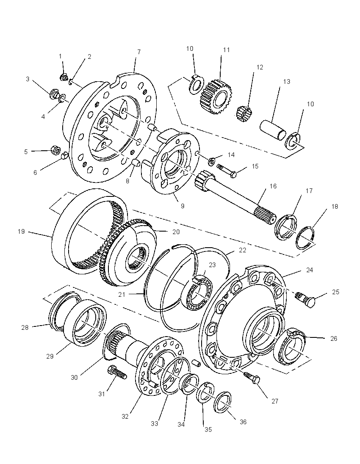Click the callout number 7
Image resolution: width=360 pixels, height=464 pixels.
click(x=139, y=52)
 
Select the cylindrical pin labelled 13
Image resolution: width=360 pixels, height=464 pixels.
click(x=273, y=129)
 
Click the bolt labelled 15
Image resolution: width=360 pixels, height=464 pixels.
click(x=228, y=171)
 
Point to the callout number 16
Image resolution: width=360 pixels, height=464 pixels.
click(x=273, y=186)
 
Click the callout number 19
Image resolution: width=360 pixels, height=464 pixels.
click(x=21, y=232)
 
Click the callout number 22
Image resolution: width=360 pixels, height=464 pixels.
click(x=242, y=250)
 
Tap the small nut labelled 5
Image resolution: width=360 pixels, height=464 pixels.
click(x=55, y=150)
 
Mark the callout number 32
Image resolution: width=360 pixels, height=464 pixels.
click(x=125, y=416)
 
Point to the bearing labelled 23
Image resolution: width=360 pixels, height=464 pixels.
click(x=198, y=293)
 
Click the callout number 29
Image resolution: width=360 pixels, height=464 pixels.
click(x=50, y=356)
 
